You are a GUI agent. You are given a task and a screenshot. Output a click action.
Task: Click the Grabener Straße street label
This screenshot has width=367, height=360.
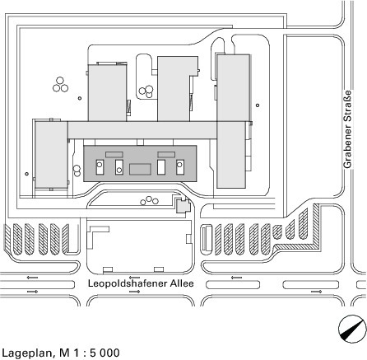(x=347, y=129)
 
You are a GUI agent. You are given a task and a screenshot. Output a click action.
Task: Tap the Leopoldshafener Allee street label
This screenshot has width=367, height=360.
(x=141, y=283)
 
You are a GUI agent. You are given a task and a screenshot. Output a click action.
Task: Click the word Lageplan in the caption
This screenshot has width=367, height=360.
(x=26, y=353)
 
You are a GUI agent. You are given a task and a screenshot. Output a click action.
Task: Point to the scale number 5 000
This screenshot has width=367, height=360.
(x=105, y=353)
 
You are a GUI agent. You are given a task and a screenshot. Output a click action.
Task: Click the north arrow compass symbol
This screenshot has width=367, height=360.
(x=352, y=329)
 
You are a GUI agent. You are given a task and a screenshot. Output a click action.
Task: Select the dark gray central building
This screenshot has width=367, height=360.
(x=140, y=163)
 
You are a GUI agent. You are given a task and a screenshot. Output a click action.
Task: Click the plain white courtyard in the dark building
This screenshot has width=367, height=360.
(x=161, y=167)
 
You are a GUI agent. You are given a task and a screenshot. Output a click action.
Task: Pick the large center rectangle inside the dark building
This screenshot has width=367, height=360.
(x=140, y=169)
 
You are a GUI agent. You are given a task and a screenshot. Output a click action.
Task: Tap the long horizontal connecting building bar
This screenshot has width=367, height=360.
(x=142, y=130)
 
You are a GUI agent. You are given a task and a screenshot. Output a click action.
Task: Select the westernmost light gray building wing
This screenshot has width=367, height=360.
(x=51, y=155)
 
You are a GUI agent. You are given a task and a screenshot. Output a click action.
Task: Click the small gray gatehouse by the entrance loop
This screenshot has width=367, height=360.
(x=183, y=205)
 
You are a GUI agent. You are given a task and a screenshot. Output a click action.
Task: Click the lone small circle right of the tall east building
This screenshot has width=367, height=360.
(x=258, y=105)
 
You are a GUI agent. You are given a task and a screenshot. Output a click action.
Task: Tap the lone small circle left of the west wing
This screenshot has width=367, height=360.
(x=26, y=174)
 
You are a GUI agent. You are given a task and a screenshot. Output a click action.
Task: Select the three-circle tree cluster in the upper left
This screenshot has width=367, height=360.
(x=60, y=85)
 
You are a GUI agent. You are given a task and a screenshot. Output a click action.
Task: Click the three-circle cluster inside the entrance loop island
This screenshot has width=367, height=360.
(x=149, y=201)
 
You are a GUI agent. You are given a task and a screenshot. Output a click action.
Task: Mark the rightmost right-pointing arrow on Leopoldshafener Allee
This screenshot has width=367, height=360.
(x=316, y=292)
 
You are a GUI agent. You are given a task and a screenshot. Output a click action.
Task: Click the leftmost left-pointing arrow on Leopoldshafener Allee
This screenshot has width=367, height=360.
(x=32, y=278)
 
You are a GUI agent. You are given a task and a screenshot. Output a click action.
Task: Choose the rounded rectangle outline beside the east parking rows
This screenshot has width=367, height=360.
(x=207, y=238)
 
